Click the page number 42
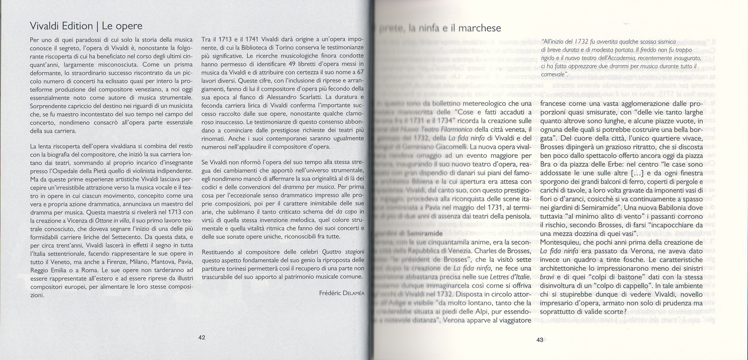[x=201, y=337]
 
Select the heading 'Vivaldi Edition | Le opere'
[x=86, y=26]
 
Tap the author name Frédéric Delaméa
[x=341, y=293]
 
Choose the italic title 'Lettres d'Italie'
[x=510, y=277]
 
